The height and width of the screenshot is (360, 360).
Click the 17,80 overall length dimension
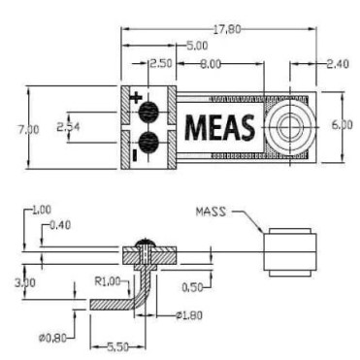227,29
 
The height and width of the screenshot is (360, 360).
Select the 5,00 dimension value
198,46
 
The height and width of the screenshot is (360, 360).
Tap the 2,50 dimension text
161,63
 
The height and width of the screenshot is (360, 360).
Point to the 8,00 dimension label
211,64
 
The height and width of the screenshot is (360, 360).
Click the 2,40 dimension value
338,64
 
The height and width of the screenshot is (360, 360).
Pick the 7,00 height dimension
28,130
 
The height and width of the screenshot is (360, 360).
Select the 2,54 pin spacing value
68,127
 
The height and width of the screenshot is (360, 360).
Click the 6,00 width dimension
342,125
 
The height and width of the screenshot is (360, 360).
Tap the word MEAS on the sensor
219,127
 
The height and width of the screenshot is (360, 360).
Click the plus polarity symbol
136,97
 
